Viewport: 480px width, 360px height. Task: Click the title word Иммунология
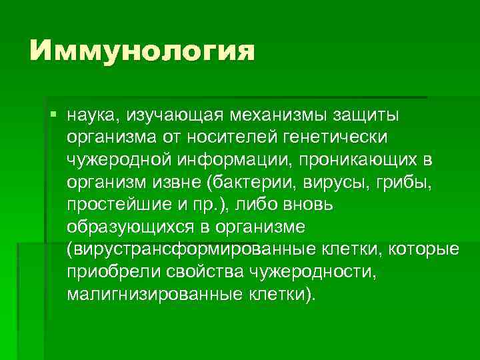142,51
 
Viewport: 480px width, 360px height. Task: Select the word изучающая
170,117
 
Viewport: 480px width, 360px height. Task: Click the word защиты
365,117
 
